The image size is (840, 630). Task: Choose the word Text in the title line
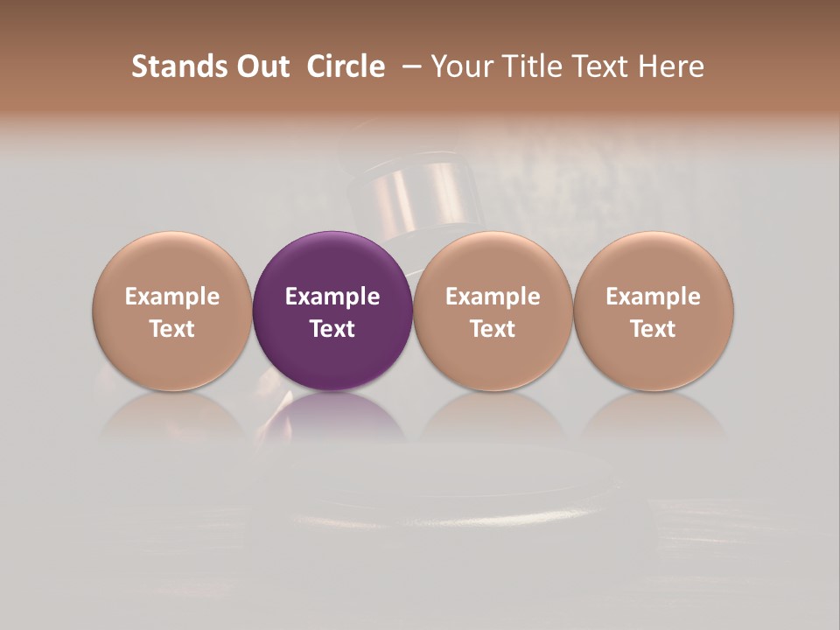point(597,66)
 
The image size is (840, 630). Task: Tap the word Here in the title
point(670,66)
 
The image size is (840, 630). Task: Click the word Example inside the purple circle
point(332,297)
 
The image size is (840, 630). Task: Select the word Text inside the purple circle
point(332,329)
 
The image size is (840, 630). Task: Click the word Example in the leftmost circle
point(172,297)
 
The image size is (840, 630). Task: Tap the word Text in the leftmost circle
point(172,329)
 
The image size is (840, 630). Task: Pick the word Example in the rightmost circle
point(654,297)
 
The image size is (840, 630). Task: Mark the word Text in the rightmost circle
point(654,329)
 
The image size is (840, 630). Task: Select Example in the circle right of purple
point(493,297)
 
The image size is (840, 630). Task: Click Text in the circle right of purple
point(493,329)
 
